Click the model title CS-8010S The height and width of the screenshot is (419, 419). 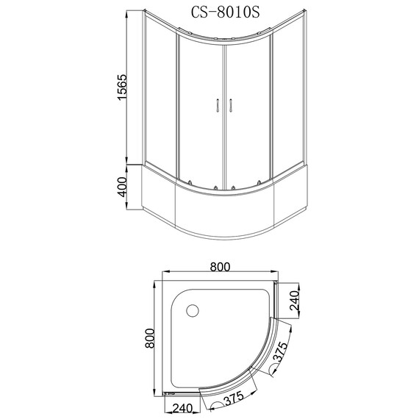225,12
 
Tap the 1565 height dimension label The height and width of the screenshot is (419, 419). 122,87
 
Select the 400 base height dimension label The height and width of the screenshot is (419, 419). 122,187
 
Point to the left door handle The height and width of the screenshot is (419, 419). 218,105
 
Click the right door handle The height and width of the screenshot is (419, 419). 230,105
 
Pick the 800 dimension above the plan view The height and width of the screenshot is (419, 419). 220,267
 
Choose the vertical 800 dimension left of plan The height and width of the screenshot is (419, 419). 150,338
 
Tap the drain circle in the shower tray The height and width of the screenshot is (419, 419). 193,311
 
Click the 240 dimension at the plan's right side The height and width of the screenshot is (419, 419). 294,301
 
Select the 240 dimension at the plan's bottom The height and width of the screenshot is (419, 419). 182,408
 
